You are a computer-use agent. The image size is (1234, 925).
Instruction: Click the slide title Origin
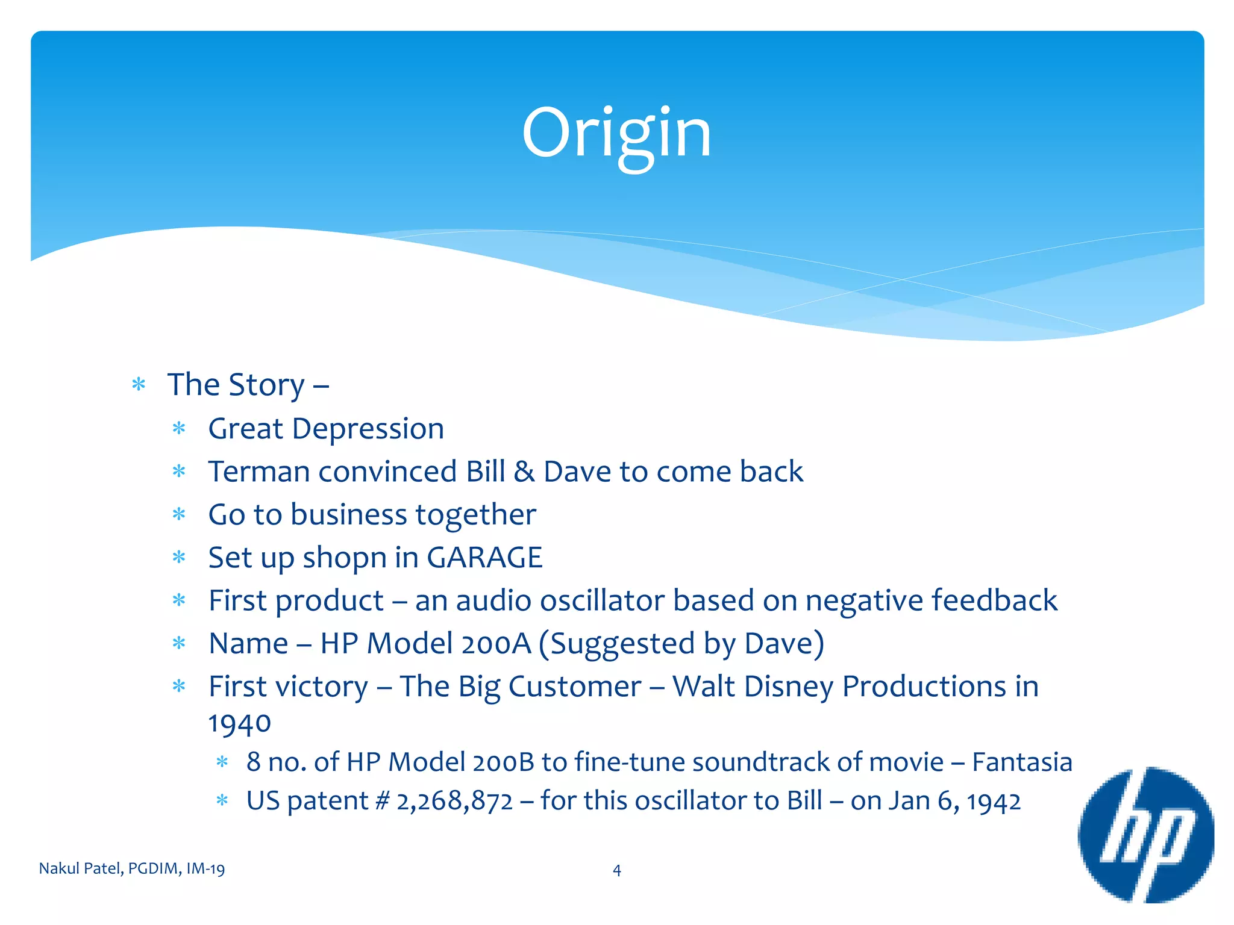616,134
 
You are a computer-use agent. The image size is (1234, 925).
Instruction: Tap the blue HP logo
1145,835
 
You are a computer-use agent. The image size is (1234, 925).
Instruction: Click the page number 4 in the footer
616,870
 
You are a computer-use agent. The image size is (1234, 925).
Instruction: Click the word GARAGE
484,557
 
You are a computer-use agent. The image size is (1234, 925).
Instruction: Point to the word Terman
258,472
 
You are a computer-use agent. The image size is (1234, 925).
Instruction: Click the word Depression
368,429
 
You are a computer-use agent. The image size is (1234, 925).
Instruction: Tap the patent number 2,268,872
454,802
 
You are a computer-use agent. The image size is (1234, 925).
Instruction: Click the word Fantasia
1022,762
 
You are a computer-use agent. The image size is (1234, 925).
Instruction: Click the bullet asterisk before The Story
139,384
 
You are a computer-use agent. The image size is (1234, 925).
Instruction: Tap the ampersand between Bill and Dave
524,472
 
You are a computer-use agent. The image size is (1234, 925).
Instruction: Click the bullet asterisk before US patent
222,801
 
